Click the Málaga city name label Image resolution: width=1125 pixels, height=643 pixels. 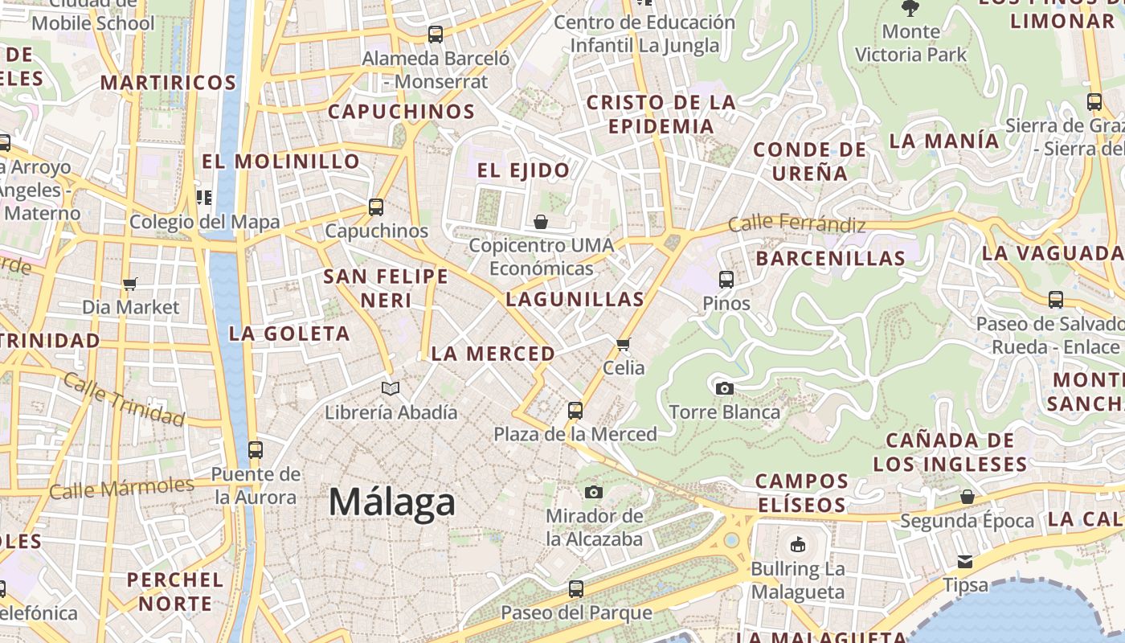(x=392, y=502)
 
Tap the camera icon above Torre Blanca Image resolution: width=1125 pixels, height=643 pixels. (x=724, y=389)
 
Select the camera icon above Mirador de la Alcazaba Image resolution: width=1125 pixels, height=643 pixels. (x=594, y=492)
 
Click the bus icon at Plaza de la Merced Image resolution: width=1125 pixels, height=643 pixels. (x=575, y=411)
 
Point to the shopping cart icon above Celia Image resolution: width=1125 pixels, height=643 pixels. (x=623, y=345)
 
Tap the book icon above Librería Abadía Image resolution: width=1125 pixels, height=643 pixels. (x=391, y=389)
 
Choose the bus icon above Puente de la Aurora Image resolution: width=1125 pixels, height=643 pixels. (x=256, y=450)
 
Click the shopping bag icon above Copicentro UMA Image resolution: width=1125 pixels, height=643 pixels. (x=541, y=222)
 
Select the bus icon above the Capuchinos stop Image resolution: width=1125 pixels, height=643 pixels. (x=376, y=207)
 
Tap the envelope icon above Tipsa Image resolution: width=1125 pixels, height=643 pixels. (x=964, y=561)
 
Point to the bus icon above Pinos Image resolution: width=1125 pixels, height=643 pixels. (x=726, y=280)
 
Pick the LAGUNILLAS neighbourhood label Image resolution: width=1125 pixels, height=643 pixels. (x=575, y=300)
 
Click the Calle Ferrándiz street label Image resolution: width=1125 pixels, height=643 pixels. (x=796, y=223)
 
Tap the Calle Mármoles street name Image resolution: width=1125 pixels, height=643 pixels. (x=121, y=488)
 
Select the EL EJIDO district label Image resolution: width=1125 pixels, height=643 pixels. (x=523, y=170)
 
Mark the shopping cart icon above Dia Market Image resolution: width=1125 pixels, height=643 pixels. (x=130, y=284)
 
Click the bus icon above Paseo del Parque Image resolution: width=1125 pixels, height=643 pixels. (x=576, y=589)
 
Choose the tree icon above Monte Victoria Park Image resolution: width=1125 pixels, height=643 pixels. (x=910, y=9)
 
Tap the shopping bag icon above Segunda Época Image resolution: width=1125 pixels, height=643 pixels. (x=967, y=497)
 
